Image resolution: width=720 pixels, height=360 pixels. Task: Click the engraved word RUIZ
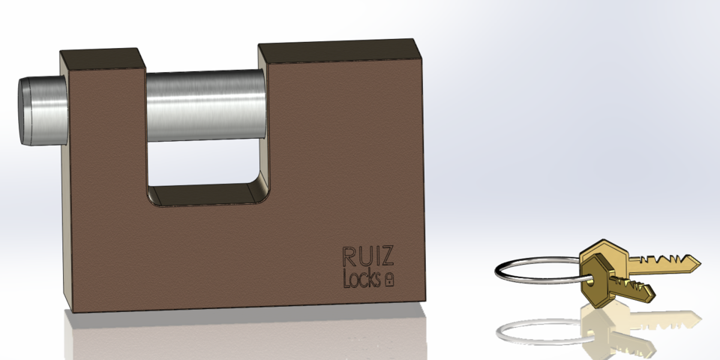367,256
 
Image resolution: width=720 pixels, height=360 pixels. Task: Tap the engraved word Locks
361,279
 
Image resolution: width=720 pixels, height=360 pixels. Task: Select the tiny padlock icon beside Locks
389,280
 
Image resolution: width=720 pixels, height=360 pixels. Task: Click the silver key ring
525,271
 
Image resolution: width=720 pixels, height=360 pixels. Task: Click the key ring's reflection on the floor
525,330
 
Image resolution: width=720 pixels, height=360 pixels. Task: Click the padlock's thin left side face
67,180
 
